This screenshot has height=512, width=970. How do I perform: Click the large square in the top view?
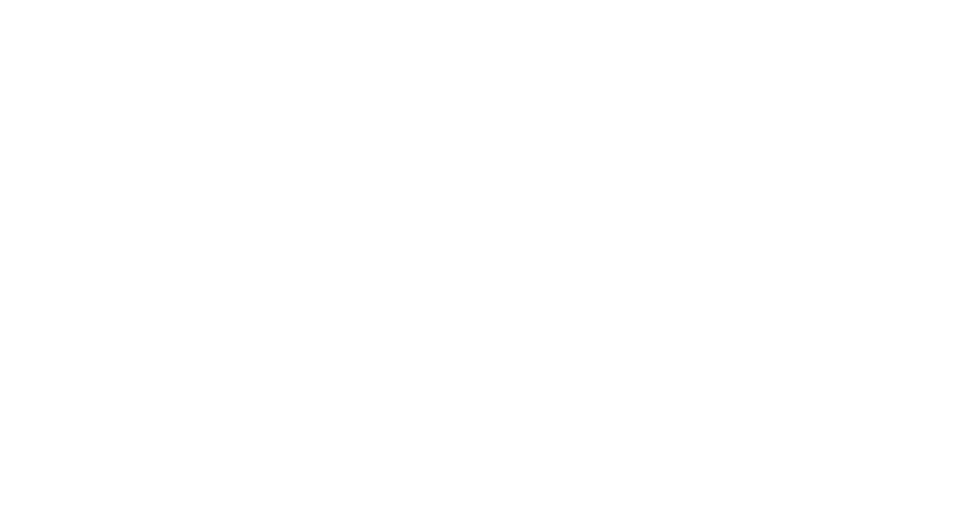click(x=201, y=374)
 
